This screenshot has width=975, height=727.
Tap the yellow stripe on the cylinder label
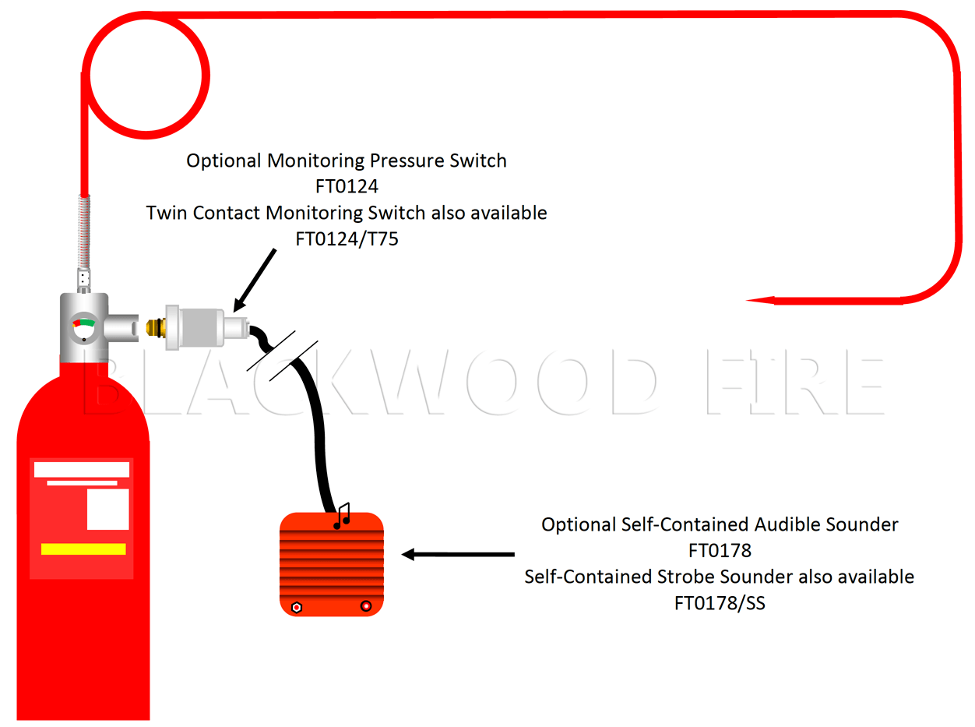click(x=83, y=549)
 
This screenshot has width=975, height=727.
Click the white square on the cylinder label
click(x=107, y=510)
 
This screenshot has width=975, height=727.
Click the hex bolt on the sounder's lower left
click(x=296, y=606)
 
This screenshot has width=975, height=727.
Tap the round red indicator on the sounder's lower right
click(x=366, y=605)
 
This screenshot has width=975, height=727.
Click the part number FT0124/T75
click(x=347, y=238)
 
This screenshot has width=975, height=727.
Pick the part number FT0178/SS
click(x=719, y=603)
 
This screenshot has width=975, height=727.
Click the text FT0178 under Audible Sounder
click(x=720, y=550)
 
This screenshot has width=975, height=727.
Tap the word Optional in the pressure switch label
click(x=224, y=161)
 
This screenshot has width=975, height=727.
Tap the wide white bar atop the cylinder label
click(x=81, y=469)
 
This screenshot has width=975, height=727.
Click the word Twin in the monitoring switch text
click(x=165, y=213)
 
